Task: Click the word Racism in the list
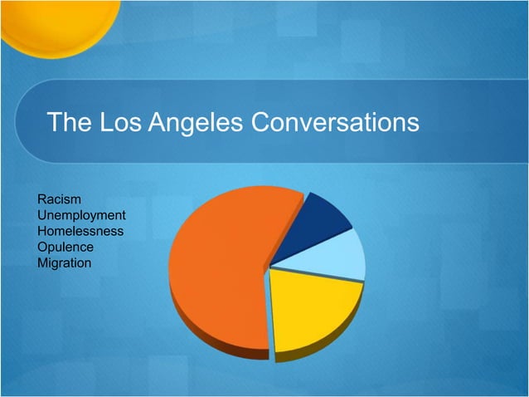(59, 200)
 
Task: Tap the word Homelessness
(81, 232)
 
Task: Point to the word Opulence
(66, 248)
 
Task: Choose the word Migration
(65, 263)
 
